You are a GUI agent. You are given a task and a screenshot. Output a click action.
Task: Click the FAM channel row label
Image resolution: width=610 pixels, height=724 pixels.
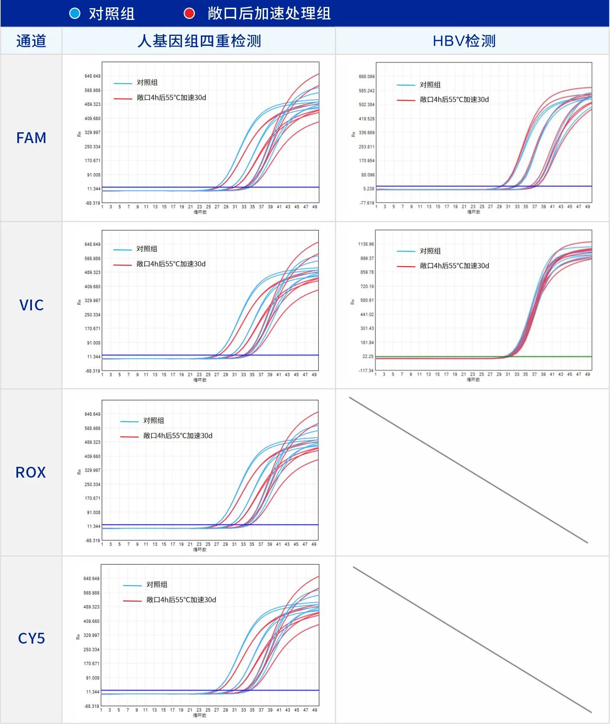(x=31, y=138)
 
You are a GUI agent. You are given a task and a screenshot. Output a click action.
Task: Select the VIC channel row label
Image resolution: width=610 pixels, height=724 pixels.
(x=31, y=305)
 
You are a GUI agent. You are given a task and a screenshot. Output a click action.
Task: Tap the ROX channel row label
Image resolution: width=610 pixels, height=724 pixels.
(x=31, y=472)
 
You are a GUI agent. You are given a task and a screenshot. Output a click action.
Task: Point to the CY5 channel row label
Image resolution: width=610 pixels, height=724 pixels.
(x=31, y=638)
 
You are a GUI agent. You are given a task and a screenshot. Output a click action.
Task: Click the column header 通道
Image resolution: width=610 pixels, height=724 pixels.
(x=31, y=41)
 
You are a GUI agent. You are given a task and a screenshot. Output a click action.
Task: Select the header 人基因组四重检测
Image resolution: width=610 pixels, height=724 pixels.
(x=199, y=41)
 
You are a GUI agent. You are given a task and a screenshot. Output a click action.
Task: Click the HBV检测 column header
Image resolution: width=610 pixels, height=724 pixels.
(x=464, y=41)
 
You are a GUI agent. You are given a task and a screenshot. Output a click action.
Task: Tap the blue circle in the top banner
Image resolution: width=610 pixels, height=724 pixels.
(x=75, y=13)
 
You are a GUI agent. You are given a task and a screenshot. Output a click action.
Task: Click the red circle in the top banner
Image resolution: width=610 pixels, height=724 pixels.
(x=189, y=13)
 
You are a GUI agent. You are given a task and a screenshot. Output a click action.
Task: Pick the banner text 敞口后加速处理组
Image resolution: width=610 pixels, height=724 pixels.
(x=269, y=13)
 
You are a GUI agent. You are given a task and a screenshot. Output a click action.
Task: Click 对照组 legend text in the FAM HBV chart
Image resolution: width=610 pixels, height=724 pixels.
(x=430, y=85)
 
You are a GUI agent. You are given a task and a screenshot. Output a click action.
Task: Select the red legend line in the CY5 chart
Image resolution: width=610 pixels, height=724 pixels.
(x=132, y=601)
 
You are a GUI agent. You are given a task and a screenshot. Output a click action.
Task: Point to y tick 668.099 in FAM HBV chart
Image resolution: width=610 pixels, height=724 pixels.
(x=366, y=77)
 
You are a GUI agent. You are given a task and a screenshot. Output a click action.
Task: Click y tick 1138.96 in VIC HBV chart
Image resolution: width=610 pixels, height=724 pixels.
(x=366, y=244)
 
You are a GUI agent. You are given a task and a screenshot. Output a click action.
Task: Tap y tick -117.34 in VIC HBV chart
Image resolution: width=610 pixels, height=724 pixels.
(x=366, y=370)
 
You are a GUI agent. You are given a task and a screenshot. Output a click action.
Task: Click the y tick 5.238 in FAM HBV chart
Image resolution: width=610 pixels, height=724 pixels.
(x=369, y=189)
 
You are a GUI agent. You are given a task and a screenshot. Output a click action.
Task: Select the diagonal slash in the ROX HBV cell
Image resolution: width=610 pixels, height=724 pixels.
(x=468, y=470)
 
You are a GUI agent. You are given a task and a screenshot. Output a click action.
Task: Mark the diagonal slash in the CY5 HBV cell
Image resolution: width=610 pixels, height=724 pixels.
(x=472, y=640)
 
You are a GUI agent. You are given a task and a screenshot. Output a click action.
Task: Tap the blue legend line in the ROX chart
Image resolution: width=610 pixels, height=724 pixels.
(x=129, y=421)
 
